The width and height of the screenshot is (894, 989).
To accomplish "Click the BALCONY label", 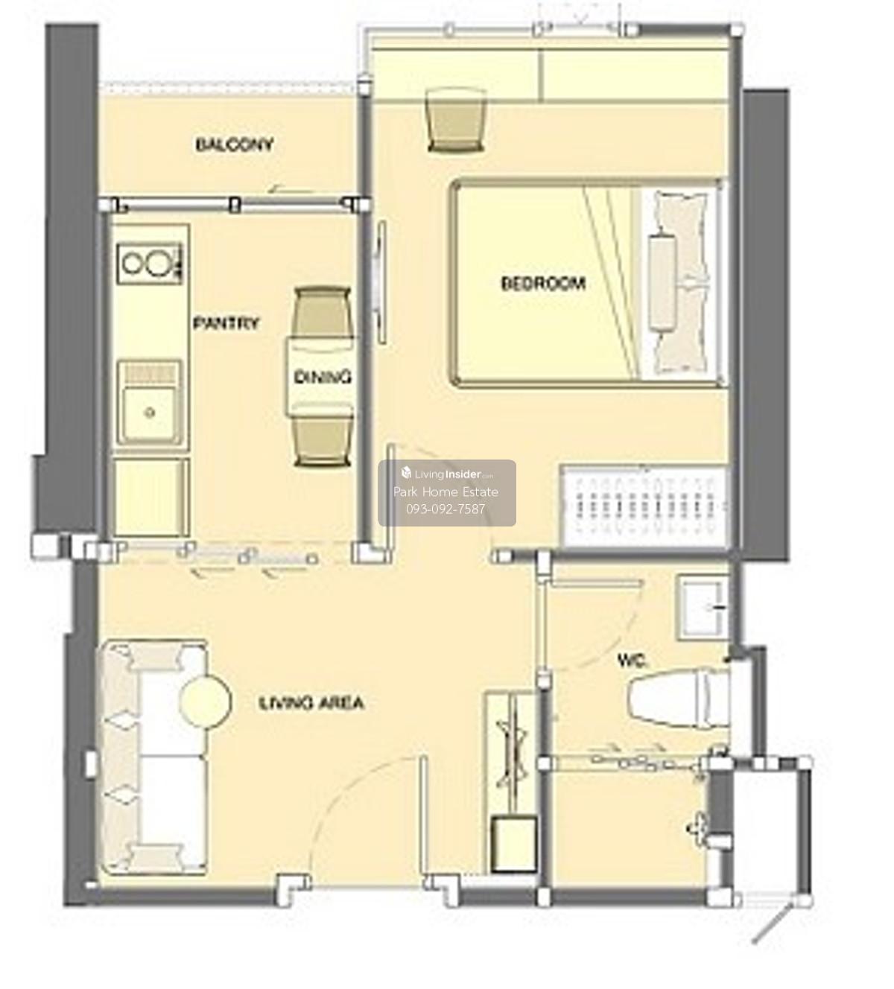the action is click(x=235, y=144).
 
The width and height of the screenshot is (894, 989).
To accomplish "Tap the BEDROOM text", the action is click(x=543, y=284).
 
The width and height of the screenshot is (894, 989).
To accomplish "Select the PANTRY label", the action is click(x=226, y=323).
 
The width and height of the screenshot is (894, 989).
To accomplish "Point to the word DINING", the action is click(x=323, y=377).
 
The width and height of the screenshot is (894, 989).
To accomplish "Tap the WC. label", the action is click(x=632, y=661).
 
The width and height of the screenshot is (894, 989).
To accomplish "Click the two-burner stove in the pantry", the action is click(x=150, y=264).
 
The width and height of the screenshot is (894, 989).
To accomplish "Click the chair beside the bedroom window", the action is click(x=457, y=120).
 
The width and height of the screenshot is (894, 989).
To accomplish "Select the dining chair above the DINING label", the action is click(x=323, y=311).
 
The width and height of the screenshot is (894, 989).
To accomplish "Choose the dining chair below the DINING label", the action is click(x=323, y=437).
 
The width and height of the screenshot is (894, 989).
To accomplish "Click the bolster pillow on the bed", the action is click(x=661, y=282).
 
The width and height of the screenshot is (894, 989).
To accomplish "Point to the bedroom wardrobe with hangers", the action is click(x=645, y=506).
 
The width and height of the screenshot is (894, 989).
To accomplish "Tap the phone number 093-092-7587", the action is click(x=446, y=509).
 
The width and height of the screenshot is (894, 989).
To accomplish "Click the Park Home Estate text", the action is click(x=446, y=492).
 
